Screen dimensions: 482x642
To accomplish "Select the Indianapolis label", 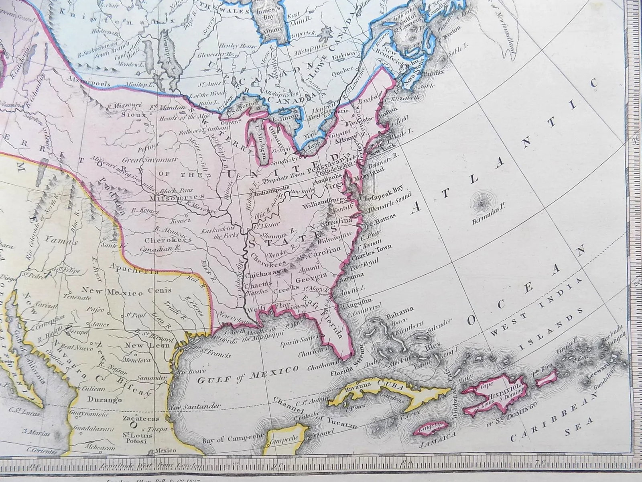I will pyautogui.click(x=272, y=188).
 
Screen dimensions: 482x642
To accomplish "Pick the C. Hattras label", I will pyautogui.click(x=383, y=217).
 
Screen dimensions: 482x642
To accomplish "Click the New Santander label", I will pyautogui.click(x=195, y=407).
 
